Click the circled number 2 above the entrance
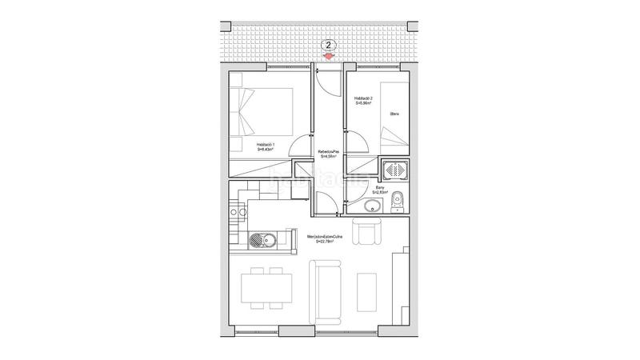pos(329,46)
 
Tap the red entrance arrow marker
pos(329,56)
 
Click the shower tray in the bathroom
pos(394,171)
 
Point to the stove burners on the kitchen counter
pos(237,212)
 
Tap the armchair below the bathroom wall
pos(370,233)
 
